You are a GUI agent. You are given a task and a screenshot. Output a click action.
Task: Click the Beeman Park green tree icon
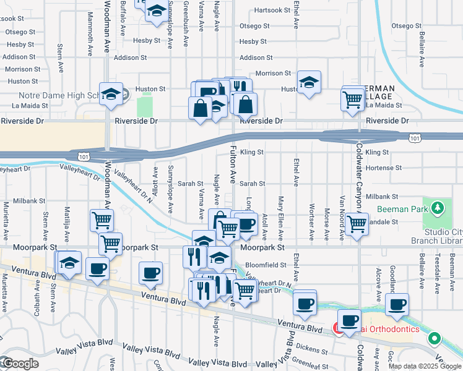point(438,207)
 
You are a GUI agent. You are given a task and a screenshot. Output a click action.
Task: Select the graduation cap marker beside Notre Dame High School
point(111,95)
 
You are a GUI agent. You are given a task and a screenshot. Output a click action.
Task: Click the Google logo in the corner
point(20,364)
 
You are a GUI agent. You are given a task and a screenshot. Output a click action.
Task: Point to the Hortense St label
point(379,168)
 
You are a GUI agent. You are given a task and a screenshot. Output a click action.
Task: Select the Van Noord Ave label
point(342,218)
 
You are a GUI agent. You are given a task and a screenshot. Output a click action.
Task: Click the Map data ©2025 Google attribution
point(425,366)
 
